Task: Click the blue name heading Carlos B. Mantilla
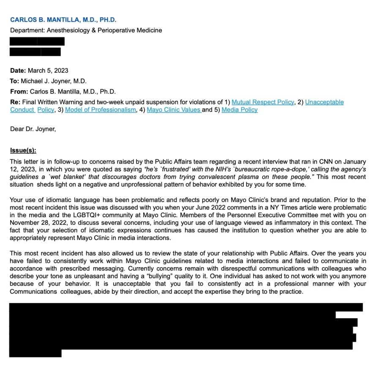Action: coord(63,20)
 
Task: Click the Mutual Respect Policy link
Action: coord(262,102)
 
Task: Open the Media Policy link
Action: coord(239,110)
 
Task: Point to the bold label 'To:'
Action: coord(14,81)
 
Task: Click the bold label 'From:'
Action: coord(19,91)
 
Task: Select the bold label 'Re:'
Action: coord(15,102)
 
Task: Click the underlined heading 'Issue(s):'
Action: coord(23,150)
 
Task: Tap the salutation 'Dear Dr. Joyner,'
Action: coord(33,129)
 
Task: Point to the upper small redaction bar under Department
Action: coord(37,41)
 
